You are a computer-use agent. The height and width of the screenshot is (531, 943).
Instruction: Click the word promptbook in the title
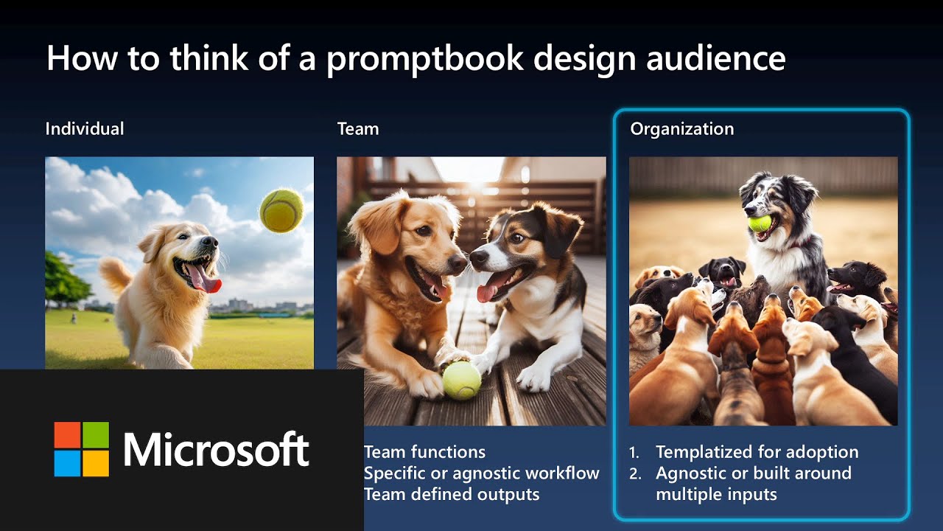coord(424,58)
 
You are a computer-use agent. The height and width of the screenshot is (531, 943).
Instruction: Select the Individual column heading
coord(85,129)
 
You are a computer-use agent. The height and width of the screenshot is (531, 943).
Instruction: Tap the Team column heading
coord(358,129)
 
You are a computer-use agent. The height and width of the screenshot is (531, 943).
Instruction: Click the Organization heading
coord(681,129)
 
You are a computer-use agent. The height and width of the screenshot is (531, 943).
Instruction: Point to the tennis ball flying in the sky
coord(281,209)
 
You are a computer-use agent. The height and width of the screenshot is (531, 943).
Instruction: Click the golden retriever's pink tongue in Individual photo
coord(203,279)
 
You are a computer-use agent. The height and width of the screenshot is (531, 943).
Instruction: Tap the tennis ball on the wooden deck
coord(462,380)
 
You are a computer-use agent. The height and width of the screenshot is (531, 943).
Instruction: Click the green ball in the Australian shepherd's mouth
coord(760,223)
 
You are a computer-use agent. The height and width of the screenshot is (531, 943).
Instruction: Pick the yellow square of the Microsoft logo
coord(96,463)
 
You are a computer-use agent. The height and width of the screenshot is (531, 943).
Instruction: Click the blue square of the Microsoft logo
coord(67,463)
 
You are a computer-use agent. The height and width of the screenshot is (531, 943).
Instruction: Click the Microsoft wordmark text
coord(216,449)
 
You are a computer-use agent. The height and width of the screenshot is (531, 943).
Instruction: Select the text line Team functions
coord(424,452)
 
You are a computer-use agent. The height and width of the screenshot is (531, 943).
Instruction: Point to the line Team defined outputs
coord(451,494)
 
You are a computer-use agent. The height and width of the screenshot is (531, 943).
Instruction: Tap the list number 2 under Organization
coord(635,473)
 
